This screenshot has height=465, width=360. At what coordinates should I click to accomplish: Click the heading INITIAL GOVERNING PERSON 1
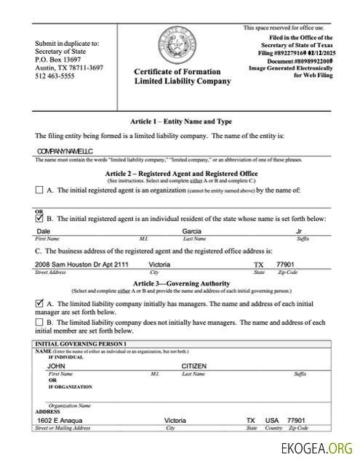coord(81,342)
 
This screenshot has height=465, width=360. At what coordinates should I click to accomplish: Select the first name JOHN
coord(57,366)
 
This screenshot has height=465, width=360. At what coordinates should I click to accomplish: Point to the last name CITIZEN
coord(195,366)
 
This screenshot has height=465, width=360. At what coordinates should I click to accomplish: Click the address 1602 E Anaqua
coord(60,421)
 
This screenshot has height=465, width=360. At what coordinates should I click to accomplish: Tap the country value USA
coord(272,421)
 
